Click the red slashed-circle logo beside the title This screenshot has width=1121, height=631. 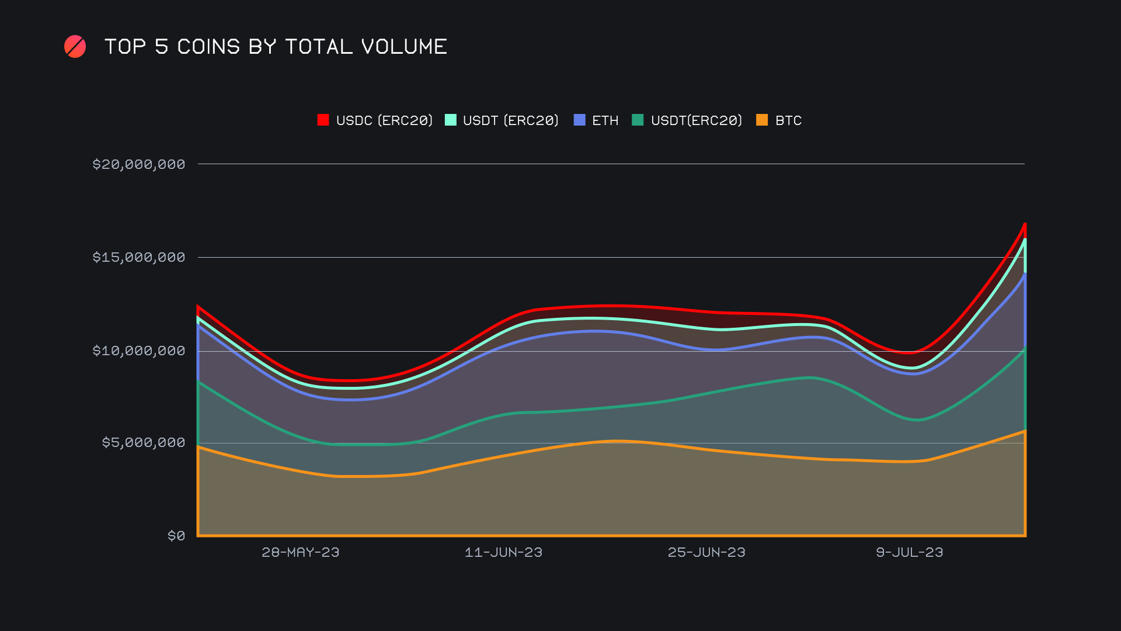pyautogui.click(x=75, y=47)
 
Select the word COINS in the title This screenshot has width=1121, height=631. pyautogui.click(x=208, y=47)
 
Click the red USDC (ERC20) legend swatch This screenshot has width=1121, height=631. pyautogui.click(x=323, y=120)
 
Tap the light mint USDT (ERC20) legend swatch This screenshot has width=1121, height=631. pyautogui.click(x=450, y=120)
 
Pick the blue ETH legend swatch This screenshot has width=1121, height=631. pyautogui.click(x=579, y=120)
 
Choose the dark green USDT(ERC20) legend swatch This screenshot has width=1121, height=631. pyautogui.click(x=638, y=120)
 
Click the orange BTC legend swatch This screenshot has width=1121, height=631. pyautogui.click(x=762, y=120)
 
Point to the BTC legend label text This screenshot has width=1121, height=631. pyautogui.click(x=788, y=120)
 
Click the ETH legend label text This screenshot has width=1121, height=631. pyautogui.click(x=605, y=120)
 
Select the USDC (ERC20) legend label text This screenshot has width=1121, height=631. pyautogui.click(x=384, y=120)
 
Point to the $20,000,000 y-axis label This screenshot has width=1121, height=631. pyautogui.click(x=138, y=164)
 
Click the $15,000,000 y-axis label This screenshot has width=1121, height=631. pyautogui.click(x=138, y=257)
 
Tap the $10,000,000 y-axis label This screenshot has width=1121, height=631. pyautogui.click(x=138, y=351)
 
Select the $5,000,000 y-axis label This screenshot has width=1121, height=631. pyautogui.click(x=143, y=442)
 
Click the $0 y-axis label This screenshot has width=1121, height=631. pyautogui.click(x=176, y=536)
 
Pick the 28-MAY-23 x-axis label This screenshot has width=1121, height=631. pyautogui.click(x=300, y=552)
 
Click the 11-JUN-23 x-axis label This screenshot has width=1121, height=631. pyautogui.click(x=503, y=552)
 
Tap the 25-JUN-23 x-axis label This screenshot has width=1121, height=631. pyautogui.click(x=706, y=552)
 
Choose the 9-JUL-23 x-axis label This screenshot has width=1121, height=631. pyautogui.click(x=909, y=552)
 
